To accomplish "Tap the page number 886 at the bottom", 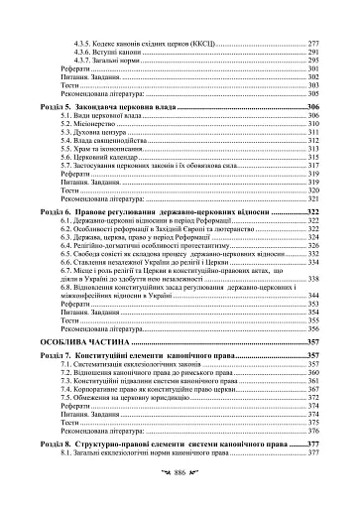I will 180,477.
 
